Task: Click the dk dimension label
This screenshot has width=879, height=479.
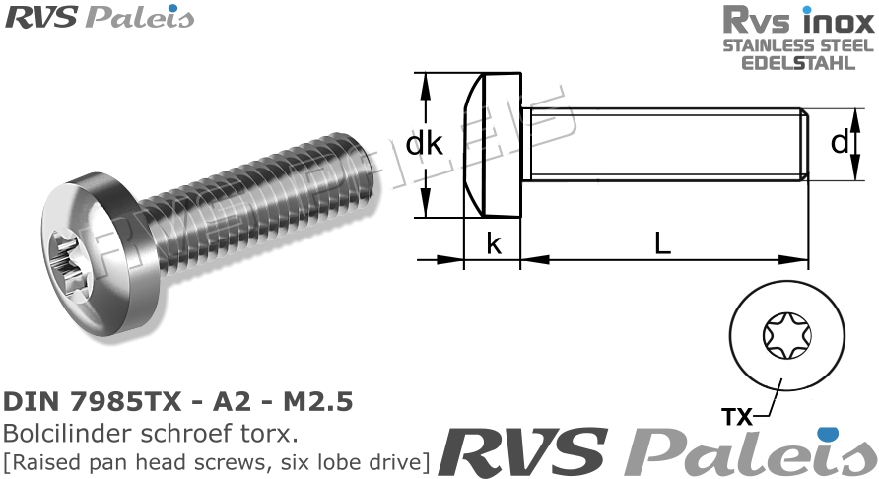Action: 425,145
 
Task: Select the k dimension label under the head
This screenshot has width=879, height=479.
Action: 494,243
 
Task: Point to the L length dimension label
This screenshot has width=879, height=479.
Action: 662,242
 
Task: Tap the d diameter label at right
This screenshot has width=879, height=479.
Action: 839,143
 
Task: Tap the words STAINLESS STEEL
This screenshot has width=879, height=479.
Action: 798,45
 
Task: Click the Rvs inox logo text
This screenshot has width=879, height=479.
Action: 798,19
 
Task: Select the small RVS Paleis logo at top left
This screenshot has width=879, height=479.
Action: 99,17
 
